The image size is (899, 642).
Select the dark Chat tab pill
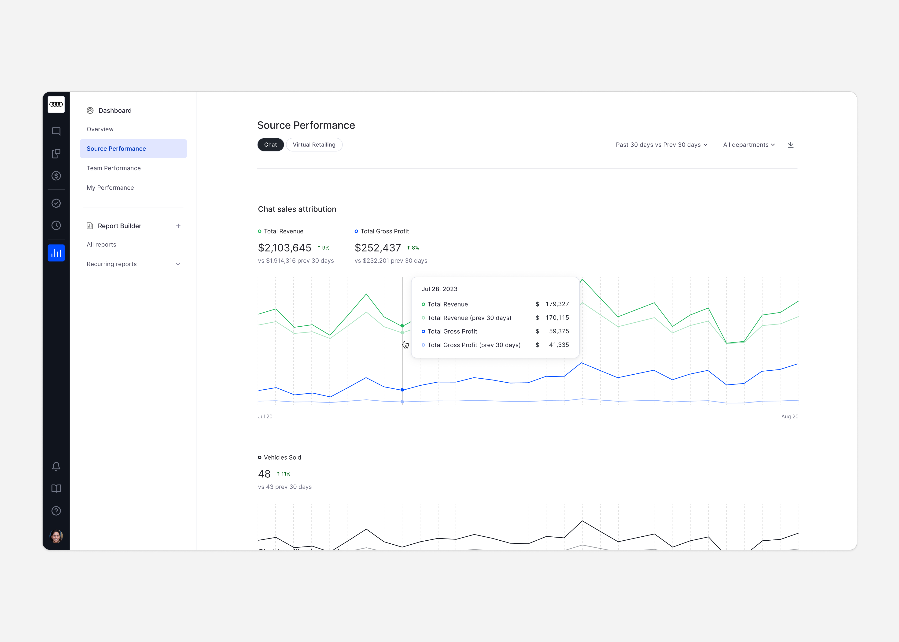pyautogui.click(x=270, y=145)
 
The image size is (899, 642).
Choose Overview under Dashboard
pyautogui.click(x=100, y=129)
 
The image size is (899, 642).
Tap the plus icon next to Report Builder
pyautogui.click(x=178, y=226)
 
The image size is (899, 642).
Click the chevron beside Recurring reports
pyautogui.click(x=178, y=264)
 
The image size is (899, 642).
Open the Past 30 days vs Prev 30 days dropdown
pyautogui.click(x=661, y=145)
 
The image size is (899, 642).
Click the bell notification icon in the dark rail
pyautogui.click(x=56, y=466)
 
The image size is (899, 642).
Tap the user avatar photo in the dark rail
pyautogui.click(x=56, y=536)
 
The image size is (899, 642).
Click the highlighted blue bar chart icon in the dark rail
pyautogui.click(x=56, y=253)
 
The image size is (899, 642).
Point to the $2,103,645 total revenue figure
pyautogui.click(x=284, y=248)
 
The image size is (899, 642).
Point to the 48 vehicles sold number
pyautogui.click(x=264, y=474)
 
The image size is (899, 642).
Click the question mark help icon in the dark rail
pyautogui.click(x=56, y=511)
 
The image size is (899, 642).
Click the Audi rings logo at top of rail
pyautogui.click(x=56, y=104)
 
